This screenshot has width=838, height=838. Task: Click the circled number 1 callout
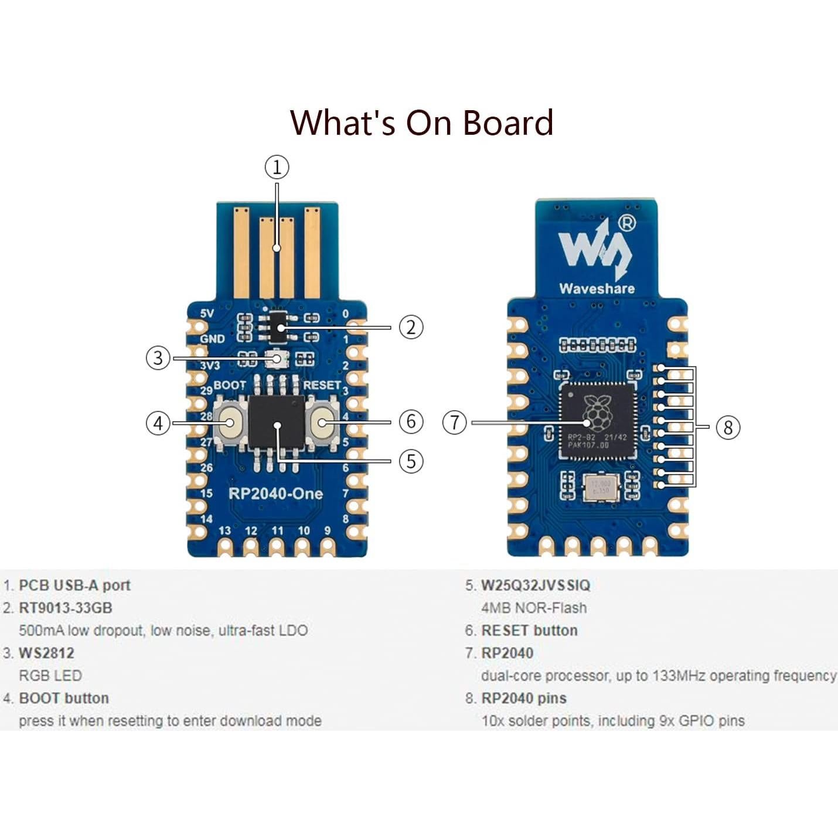[x=277, y=168]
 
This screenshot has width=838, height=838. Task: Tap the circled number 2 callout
[x=411, y=327]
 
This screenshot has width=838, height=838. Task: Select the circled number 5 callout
[x=411, y=461]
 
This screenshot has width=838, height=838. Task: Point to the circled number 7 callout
[x=455, y=423]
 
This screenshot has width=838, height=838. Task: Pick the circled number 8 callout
[x=728, y=427]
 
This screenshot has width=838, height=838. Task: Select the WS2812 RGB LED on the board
[x=275, y=358]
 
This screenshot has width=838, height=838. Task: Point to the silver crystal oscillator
[x=601, y=488]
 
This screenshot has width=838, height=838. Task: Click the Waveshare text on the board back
[x=597, y=288]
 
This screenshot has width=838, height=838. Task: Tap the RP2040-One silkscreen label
[x=275, y=493]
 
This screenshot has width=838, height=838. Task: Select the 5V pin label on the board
[x=207, y=314]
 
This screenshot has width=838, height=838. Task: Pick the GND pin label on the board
[x=212, y=339]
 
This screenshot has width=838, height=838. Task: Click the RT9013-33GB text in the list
[x=65, y=608]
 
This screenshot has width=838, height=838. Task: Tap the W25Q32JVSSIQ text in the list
[x=535, y=585]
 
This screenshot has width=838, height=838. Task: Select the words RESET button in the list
[x=529, y=631]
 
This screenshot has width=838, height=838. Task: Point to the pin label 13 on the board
[x=224, y=531]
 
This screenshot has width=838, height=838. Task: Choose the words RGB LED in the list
[x=50, y=676]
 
